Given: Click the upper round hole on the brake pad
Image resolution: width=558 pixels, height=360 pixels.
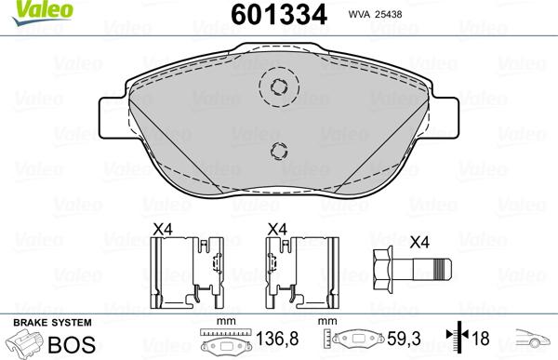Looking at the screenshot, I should [x=279, y=87].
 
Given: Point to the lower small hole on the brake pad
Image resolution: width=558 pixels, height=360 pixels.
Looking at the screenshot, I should [x=279, y=152].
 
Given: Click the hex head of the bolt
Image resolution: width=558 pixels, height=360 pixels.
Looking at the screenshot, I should [x=383, y=271].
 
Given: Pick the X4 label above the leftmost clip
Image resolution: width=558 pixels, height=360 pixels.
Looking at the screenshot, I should [x=164, y=228].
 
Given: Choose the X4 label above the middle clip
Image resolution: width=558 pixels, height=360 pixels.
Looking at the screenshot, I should [x=277, y=228].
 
